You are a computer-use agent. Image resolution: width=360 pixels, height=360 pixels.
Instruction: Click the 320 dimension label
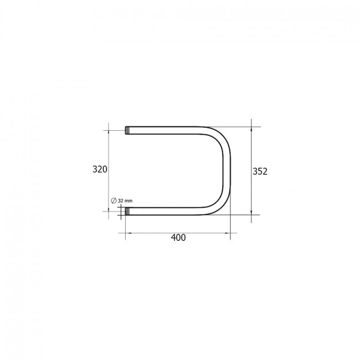pyautogui.click(x=100, y=169)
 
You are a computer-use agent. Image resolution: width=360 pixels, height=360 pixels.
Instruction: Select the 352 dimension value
pyautogui.click(x=260, y=172)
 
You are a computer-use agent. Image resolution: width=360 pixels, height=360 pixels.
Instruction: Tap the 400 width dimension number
pyautogui.click(x=178, y=238)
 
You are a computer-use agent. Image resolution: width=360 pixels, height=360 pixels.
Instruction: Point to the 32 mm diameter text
pyautogui.click(x=125, y=200)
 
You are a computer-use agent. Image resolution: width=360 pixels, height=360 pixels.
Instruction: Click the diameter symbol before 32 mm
pyautogui.click(x=114, y=200)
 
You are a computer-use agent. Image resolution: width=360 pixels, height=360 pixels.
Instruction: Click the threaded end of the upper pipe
pyautogui.click(x=127, y=130)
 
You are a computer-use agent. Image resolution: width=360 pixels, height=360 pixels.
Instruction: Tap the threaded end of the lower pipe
pyautogui.click(x=127, y=211)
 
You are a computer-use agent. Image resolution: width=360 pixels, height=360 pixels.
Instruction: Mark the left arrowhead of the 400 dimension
pyautogui.click(x=128, y=233)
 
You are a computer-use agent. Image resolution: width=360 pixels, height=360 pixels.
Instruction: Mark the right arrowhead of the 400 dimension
pyautogui.click(x=228, y=233)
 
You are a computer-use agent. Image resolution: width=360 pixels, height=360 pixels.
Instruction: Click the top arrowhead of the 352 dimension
pyautogui.click(x=251, y=130)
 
